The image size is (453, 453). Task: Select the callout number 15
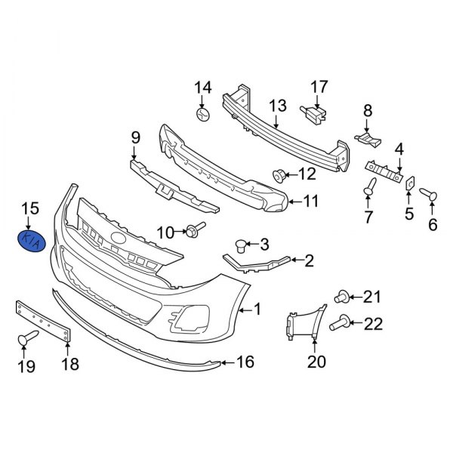coord(29,208)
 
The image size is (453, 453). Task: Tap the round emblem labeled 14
coord(203,116)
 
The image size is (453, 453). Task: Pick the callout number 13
coord(277,106)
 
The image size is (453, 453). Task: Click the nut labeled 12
coord(279,177)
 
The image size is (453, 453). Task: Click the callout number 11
coord(311,202)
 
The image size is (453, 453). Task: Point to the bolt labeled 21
coord(341,295)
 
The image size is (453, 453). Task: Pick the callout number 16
coord(246,362)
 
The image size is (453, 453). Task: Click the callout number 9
coord(136,138)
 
